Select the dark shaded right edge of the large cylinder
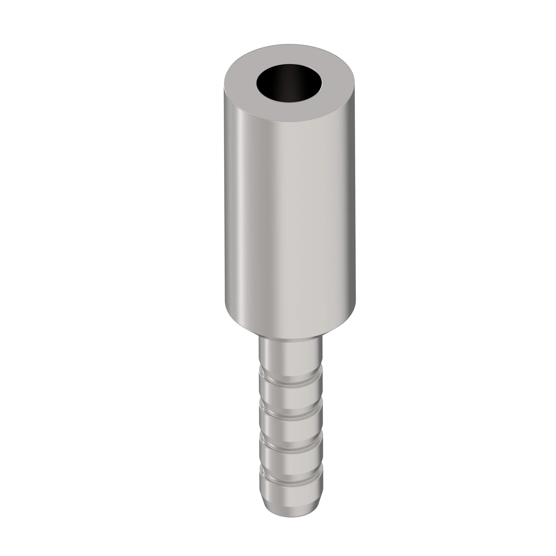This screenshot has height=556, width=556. (x=352, y=202)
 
